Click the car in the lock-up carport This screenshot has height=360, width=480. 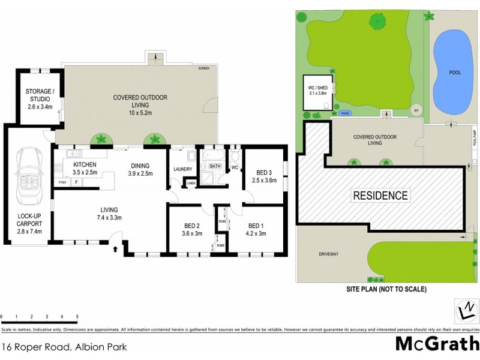coord(28,172)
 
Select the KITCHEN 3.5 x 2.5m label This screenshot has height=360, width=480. coord(85,169)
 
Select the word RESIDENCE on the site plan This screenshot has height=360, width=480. coord(380,195)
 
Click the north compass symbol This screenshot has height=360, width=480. coord(463,311)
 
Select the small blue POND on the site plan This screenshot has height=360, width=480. coord(344,113)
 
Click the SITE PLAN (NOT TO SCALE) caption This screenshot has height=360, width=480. coord(386,289)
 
